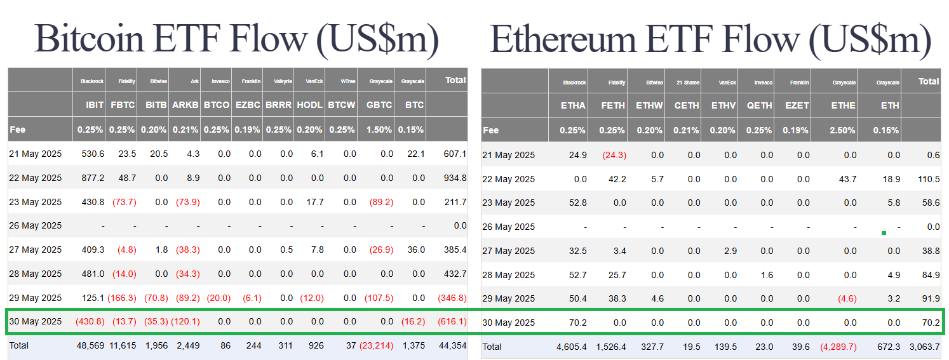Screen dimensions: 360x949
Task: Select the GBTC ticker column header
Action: (x=379, y=105)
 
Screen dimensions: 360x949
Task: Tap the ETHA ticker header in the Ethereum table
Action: (x=574, y=105)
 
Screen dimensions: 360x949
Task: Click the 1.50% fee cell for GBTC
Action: (x=379, y=130)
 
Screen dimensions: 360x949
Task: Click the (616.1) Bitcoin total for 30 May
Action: (x=452, y=322)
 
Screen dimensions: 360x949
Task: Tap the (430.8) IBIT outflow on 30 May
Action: (x=89, y=322)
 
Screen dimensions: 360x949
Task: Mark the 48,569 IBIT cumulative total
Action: (x=91, y=346)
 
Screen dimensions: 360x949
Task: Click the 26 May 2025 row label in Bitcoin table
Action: (x=36, y=226)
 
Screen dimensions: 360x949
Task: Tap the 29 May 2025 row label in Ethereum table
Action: (x=509, y=298)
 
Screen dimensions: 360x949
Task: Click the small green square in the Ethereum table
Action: (x=884, y=233)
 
